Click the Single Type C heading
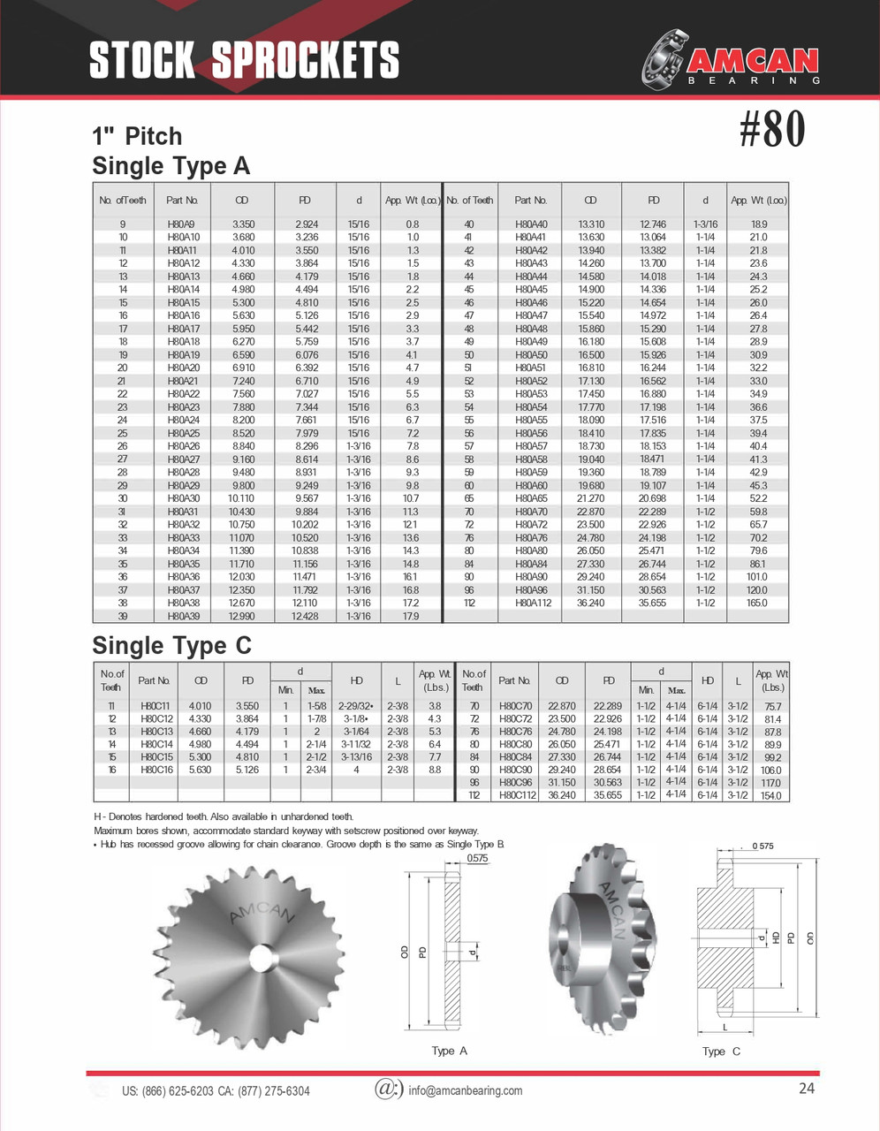coord(171,646)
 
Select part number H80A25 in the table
coord(184,434)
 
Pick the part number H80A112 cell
coord(531,603)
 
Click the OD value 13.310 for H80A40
coord(591,224)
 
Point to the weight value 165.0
coord(757,603)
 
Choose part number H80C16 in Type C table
coord(156,770)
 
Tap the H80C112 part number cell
coord(515,795)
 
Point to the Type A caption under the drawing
coord(449,1051)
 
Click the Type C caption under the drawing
coord(721,1051)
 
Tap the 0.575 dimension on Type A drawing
coord(477,859)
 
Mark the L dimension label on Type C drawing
coord(724,1028)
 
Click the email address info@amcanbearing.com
coord(465,1090)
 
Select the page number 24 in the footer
coord(806,1089)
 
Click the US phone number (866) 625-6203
coord(167,1091)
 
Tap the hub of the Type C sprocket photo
coord(575,938)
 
